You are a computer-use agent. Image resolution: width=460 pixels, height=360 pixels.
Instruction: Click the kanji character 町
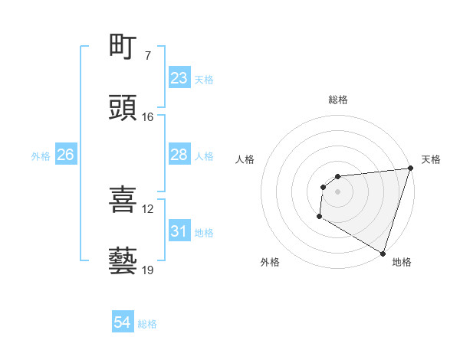pyautogui.click(x=123, y=47)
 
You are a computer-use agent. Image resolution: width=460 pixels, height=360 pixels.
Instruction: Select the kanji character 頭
pyautogui.click(x=123, y=108)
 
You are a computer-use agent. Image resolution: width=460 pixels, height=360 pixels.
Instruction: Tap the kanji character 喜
pyautogui.click(x=123, y=200)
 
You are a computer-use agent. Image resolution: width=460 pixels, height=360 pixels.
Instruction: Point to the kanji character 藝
pyautogui.click(x=123, y=261)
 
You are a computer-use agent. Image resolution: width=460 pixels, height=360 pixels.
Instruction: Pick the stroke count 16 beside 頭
pyautogui.click(x=147, y=117)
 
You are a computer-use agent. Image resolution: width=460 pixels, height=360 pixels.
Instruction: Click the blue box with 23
pyautogui.click(x=179, y=78)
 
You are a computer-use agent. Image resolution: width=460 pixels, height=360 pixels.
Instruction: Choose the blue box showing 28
pyautogui.click(x=179, y=155)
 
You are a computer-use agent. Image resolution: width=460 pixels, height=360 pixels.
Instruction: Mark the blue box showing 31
pyautogui.click(x=179, y=231)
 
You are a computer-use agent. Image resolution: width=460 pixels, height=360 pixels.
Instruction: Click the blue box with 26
pyautogui.click(x=65, y=155)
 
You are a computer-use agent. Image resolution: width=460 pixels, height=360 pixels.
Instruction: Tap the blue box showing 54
pyautogui.click(x=123, y=322)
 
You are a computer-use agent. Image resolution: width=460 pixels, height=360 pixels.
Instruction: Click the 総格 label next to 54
pyautogui.click(x=147, y=324)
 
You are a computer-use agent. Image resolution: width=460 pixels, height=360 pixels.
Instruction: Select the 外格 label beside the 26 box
pyautogui.click(x=41, y=156)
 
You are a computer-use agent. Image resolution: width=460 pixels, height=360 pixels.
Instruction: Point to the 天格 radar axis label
pyautogui.click(x=431, y=159)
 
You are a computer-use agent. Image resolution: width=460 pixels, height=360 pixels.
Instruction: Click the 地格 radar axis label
pyautogui.click(x=402, y=262)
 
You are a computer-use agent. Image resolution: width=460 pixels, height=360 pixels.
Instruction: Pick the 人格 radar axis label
pyautogui.click(x=245, y=159)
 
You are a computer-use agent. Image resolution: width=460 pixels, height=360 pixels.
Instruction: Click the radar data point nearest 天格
pyautogui.click(x=410, y=169)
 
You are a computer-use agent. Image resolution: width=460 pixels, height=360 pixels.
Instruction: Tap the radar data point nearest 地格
pyautogui.click(x=383, y=253)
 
